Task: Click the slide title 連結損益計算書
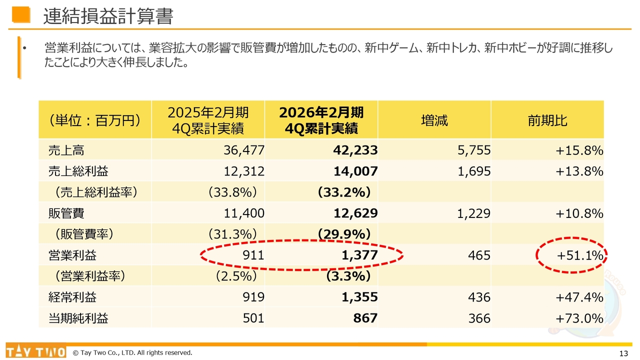pyautogui.click(x=108, y=16)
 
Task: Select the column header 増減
pyautogui.click(x=434, y=120)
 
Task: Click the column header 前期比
pyautogui.click(x=547, y=120)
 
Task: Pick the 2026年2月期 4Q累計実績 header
pyautogui.click(x=321, y=120)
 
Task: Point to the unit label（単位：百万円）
pyautogui.click(x=94, y=120)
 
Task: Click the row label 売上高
pyautogui.click(x=63, y=150)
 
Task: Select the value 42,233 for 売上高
pyautogui.click(x=355, y=150)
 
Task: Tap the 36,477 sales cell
pyautogui.click(x=244, y=150)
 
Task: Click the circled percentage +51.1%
pyautogui.click(x=580, y=255)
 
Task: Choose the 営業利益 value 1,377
pyautogui.click(x=359, y=255)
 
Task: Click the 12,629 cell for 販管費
pyautogui.click(x=355, y=213)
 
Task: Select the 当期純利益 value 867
pyautogui.click(x=365, y=318)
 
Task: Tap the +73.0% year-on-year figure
pyautogui.click(x=579, y=318)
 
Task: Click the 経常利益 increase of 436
pyautogui.click(x=479, y=297)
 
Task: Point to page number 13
pyautogui.click(x=623, y=353)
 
